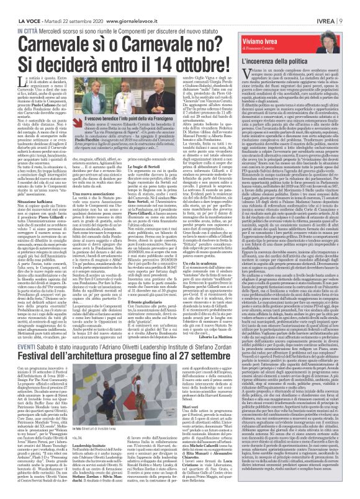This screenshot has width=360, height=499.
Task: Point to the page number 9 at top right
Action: pos(355,6)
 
